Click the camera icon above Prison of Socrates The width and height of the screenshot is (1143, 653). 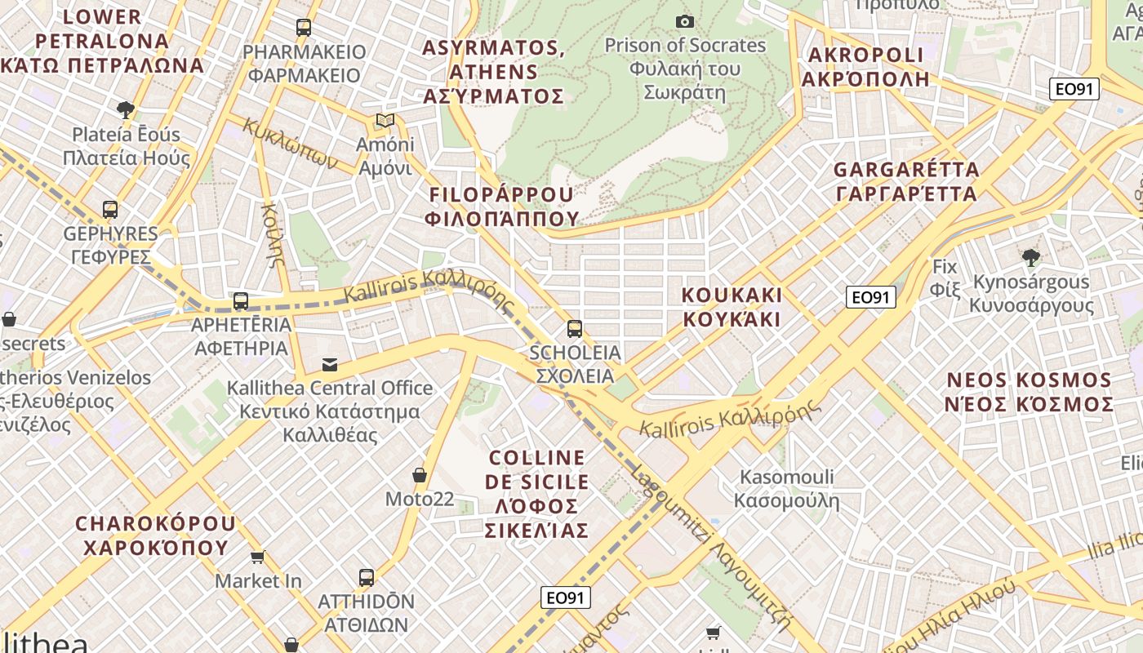pos(685,21)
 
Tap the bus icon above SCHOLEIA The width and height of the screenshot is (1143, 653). pos(575,329)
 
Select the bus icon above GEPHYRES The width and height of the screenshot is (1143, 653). pos(110,210)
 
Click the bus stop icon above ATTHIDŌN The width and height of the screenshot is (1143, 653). pos(367,578)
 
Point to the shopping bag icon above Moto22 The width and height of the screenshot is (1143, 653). pos(420,475)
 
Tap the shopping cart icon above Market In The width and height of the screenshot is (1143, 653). pos(258,557)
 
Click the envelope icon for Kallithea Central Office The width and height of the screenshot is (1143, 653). pos(330,364)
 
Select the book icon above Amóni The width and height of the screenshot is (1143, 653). pos(385,121)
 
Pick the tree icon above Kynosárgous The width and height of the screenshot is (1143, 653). pos(1031,258)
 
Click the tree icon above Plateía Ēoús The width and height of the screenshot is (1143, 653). pos(126,109)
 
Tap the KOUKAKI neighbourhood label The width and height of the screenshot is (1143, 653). pos(732,307)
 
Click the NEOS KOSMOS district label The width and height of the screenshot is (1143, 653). pos(1029,393)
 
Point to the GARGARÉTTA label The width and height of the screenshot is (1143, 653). pos(906,181)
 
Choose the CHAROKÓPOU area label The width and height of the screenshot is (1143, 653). pos(155,535)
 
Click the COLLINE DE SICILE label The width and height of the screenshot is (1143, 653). pos(536,494)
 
